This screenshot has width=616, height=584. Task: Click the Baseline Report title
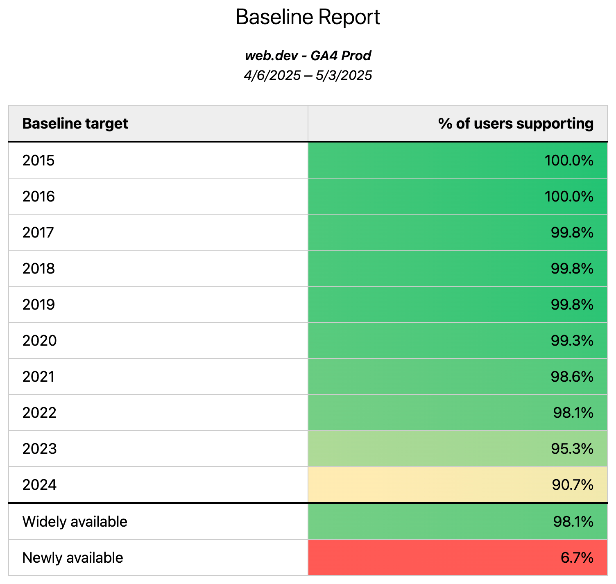tap(308, 18)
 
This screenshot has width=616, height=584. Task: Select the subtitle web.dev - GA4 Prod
tap(308, 56)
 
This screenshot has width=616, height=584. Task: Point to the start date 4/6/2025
tap(272, 75)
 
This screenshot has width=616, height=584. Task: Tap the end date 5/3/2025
tap(344, 75)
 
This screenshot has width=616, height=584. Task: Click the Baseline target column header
tap(75, 124)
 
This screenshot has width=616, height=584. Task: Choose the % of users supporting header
tap(515, 124)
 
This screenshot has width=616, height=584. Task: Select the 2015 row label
tap(38, 161)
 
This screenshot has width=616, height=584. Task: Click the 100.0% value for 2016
tap(568, 197)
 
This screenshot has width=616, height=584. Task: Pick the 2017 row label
tap(38, 233)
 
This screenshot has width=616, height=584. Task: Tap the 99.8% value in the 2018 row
tap(572, 269)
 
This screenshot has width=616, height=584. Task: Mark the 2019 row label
tap(38, 305)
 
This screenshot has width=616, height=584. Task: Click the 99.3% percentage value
tap(572, 341)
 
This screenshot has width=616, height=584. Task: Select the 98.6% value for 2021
tap(572, 377)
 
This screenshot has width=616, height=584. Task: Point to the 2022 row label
tap(39, 413)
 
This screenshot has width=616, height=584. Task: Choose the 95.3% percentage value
tap(572, 449)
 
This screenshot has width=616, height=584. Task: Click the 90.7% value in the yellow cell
tap(573, 485)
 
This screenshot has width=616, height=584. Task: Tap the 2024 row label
tap(39, 485)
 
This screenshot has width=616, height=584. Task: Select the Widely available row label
tap(75, 522)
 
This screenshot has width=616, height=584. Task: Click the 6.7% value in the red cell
tap(577, 558)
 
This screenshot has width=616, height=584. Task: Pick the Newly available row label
tap(72, 558)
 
